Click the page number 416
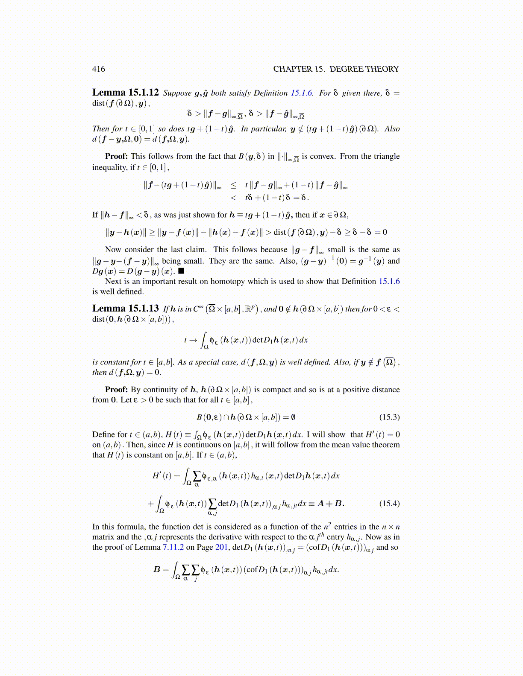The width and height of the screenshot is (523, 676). pos(98,69)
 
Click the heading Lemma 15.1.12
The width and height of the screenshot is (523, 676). pos(126,93)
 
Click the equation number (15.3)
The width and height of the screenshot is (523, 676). pos(389,417)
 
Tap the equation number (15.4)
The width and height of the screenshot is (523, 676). pos(389,503)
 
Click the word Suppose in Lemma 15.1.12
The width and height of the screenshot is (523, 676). pos(177,93)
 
